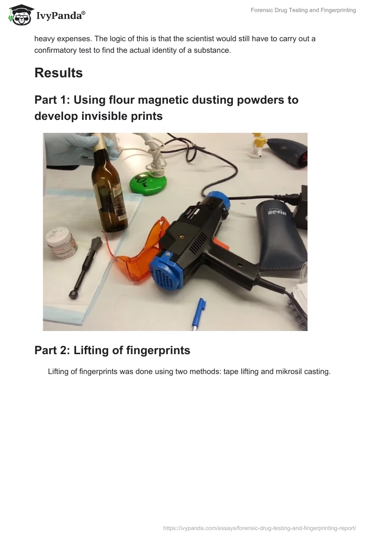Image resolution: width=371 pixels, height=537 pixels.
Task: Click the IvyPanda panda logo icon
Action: pyautogui.click(x=21, y=15)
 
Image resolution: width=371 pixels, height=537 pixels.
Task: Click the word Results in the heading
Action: pyautogui.click(x=59, y=73)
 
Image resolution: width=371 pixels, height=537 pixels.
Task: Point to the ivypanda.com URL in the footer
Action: pyautogui.click(x=259, y=528)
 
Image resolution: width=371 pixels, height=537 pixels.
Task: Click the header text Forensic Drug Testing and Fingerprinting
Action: pyautogui.click(x=303, y=10)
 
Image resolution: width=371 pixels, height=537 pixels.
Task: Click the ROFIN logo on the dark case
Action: pyautogui.click(x=276, y=212)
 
